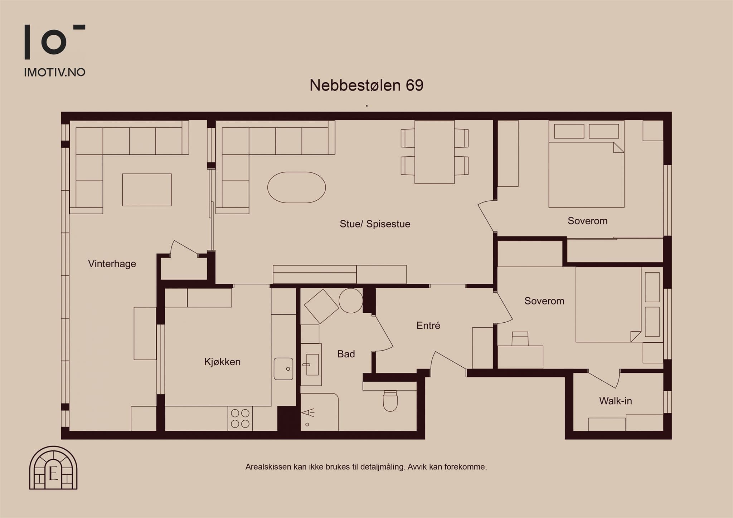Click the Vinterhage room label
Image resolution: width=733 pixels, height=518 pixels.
pyautogui.click(x=112, y=264)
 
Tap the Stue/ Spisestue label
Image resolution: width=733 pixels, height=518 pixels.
pyautogui.click(x=375, y=224)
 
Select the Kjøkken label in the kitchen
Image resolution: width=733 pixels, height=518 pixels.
pyautogui.click(x=222, y=362)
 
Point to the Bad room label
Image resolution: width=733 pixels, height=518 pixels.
pyautogui.click(x=346, y=354)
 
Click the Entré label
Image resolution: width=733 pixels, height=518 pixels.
pyautogui.click(x=428, y=325)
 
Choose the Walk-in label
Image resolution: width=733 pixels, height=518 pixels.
pyautogui.click(x=616, y=401)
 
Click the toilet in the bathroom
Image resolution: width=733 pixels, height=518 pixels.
pyautogui.click(x=390, y=401)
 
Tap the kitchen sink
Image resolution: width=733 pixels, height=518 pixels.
pyautogui.click(x=283, y=369)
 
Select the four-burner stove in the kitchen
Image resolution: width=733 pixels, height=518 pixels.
pyautogui.click(x=240, y=419)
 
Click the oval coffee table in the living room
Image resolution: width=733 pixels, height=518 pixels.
pyautogui.click(x=297, y=188)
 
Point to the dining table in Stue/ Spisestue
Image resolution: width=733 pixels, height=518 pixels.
pyautogui.click(x=435, y=152)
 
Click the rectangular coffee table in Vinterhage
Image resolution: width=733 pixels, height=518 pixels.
pyautogui.click(x=147, y=190)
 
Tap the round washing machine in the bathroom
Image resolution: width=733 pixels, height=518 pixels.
pyautogui.click(x=351, y=301)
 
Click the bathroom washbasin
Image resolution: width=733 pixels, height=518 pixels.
pyautogui.click(x=311, y=365)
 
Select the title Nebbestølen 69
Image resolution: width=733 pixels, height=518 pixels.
pyautogui.click(x=366, y=85)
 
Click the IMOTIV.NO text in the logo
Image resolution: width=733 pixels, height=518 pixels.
pyautogui.click(x=55, y=73)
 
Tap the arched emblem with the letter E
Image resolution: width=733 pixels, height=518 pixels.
pyautogui.click(x=53, y=468)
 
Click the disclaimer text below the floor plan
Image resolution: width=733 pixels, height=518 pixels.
pyautogui.click(x=366, y=467)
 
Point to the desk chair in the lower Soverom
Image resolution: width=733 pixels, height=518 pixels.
pyautogui.click(x=520, y=339)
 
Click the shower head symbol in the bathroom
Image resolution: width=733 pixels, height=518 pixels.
pyautogui.click(x=308, y=413)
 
